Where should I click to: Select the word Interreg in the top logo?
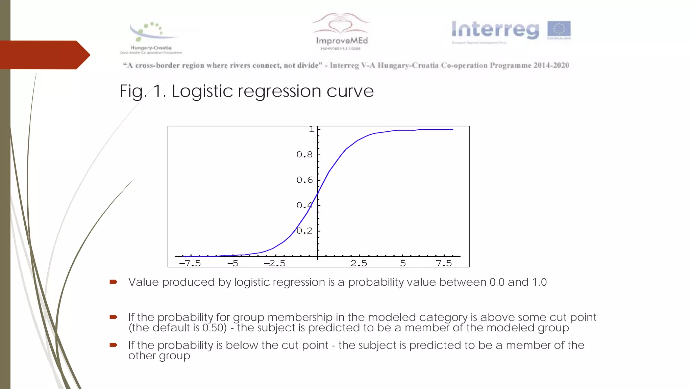click(495, 30)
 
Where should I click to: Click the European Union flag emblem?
click(559, 29)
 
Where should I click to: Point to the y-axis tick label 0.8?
click(304, 155)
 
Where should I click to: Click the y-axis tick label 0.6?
click(304, 180)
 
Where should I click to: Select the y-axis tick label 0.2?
click(304, 231)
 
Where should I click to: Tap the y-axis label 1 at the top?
click(312, 129)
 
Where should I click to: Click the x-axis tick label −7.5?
click(190, 263)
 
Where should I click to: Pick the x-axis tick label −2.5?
click(275, 263)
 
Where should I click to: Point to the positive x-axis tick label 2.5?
click(359, 263)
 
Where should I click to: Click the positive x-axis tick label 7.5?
click(444, 263)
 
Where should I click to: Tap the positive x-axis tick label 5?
click(403, 263)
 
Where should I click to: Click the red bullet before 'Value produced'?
click(114, 282)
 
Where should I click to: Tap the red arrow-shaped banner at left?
click(44, 55)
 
